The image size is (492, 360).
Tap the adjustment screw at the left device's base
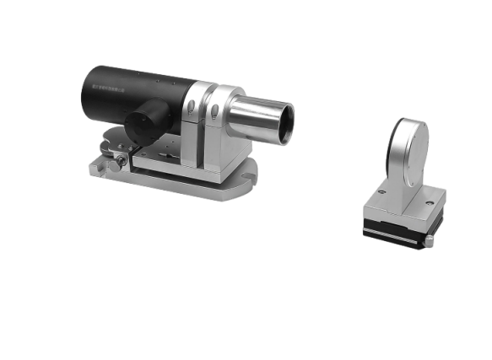(x=122, y=159)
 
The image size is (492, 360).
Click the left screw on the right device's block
(x=381, y=191)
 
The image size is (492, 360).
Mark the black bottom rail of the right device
(x=392, y=231)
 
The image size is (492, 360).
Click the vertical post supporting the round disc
(x=397, y=177)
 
